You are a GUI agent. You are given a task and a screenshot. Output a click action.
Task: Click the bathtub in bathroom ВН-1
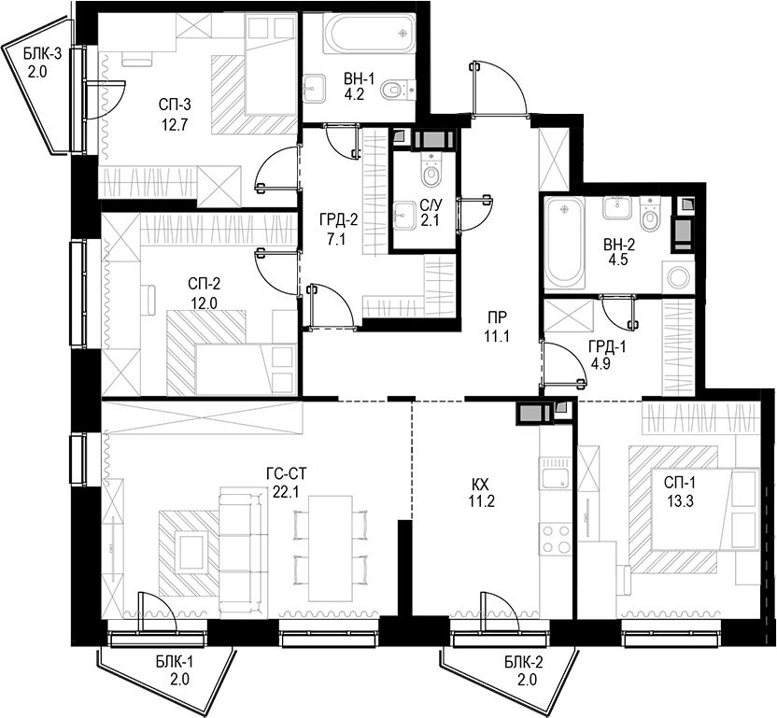(x=369, y=33)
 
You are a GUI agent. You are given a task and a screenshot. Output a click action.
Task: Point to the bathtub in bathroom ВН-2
(x=563, y=244)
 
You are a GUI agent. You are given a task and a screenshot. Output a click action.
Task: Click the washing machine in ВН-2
(x=677, y=276)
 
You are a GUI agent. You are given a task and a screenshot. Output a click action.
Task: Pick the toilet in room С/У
(x=432, y=170)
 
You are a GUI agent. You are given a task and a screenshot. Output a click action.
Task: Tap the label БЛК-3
(x=42, y=53)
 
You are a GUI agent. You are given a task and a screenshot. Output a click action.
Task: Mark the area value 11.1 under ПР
(x=497, y=337)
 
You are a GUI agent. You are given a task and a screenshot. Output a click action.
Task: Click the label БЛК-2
(x=525, y=662)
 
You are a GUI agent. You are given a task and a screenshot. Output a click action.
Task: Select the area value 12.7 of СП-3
(x=175, y=124)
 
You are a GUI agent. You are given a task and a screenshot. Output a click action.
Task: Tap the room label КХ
(x=481, y=483)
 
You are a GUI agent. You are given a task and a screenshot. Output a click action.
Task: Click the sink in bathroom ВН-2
(x=617, y=207)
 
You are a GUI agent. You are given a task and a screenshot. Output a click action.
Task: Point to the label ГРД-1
(x=607, y=346)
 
